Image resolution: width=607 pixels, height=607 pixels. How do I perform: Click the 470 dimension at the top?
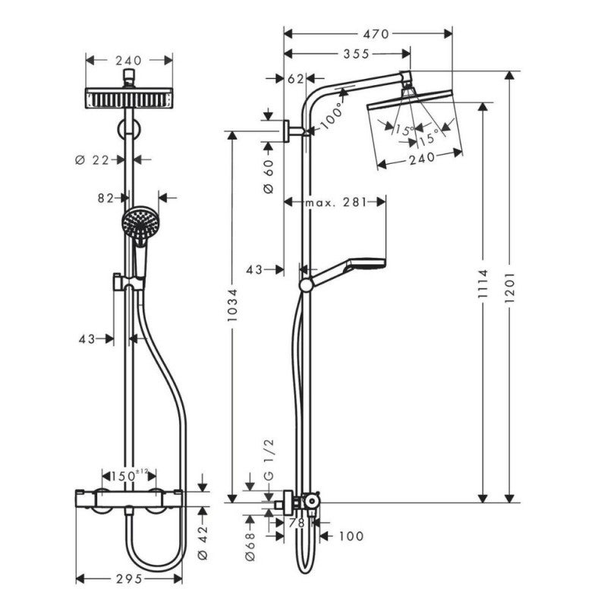tap(376, 33)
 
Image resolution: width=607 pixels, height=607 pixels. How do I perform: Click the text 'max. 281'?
tap(335, 202)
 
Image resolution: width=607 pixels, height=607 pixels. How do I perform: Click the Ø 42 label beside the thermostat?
tap(202, 545)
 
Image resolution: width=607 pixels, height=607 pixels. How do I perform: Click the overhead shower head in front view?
tap(129, 98)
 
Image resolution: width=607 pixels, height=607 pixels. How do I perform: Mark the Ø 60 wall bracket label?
tap(267, 178)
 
